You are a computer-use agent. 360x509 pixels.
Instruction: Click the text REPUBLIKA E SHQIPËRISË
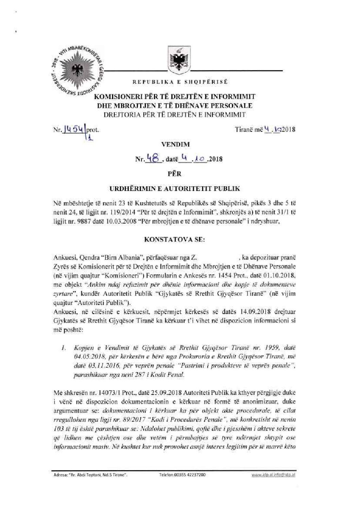[180, 82]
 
